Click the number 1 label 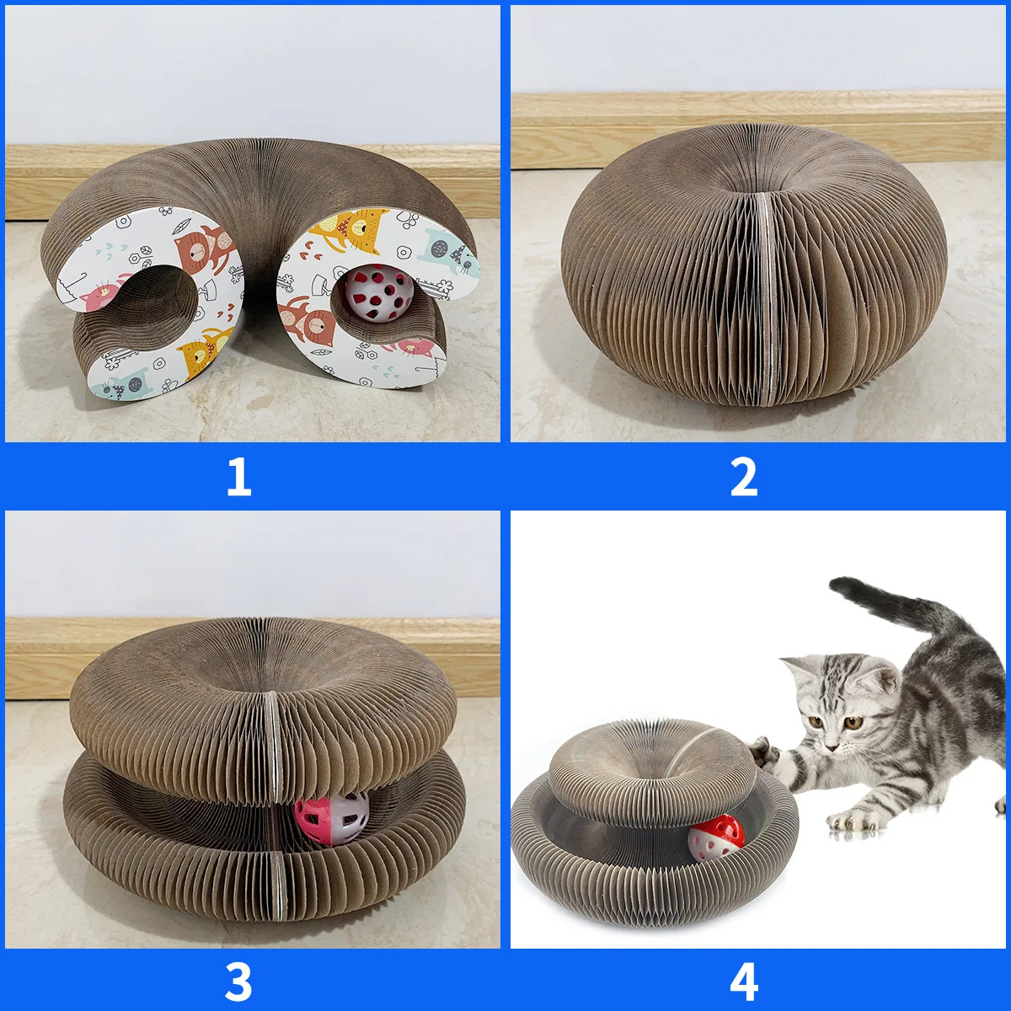(239, 477)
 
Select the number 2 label (743, 477)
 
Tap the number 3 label (239, 981)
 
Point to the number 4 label (743, 981)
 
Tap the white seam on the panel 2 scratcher (763, 295)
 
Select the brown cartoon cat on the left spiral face (202, 249)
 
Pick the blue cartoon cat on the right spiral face (447, 252)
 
